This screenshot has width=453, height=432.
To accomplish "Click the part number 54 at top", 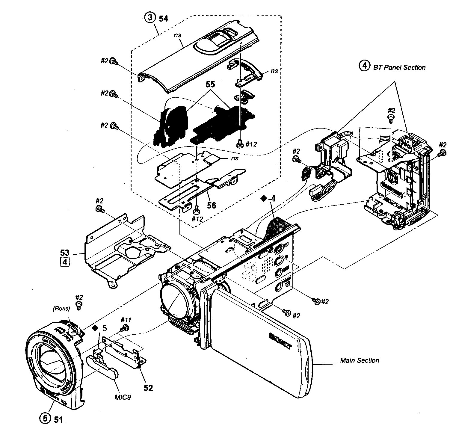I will click(x=164, y=19).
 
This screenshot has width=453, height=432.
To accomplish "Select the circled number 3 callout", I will click(x=150, y=18).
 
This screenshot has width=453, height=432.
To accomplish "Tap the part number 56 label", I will click(x=212, y=205).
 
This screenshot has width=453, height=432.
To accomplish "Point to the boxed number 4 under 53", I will click(x=65, y=262).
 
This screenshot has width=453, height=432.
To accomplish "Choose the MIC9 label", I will click(x=122, y=397).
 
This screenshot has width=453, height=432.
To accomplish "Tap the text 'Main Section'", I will click(x=360, y=360).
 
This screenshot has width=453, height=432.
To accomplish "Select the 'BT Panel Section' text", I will click(x=399, y=67).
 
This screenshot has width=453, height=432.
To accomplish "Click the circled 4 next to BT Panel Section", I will click(x=364, y=66).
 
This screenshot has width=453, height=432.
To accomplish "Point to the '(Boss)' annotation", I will click(x=61, y=309).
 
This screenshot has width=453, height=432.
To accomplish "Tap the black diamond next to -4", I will click(x=264, y=198).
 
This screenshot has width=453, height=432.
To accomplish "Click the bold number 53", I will click(x=65, y=253).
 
